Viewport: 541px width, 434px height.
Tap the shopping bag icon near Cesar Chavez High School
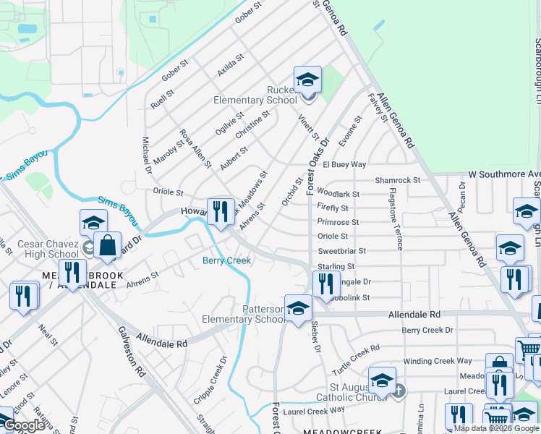(107, 246)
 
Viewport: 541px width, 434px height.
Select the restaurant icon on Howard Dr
(221, 211)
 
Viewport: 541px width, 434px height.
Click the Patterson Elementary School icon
(297, 309)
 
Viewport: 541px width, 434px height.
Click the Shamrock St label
(397, 180)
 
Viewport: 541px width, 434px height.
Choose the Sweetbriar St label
(342, 251)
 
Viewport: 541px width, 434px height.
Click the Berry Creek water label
(226, 260)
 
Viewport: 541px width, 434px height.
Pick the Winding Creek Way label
(438, 361)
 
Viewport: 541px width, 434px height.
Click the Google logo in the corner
(24, 425)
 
